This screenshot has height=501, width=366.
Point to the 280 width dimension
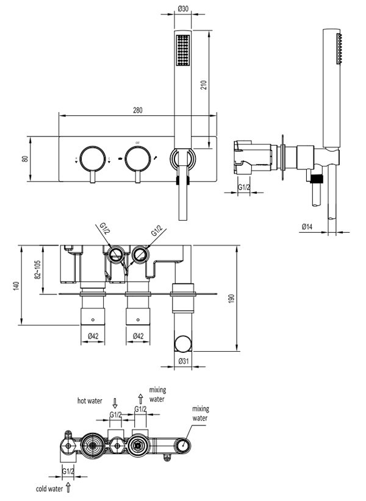137,110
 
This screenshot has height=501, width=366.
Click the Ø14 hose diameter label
307,227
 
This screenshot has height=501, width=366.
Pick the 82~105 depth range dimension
38,270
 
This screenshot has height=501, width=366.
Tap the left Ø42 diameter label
93,335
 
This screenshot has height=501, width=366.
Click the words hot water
90,401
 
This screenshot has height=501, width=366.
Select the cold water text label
49,489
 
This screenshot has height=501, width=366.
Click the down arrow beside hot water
115,402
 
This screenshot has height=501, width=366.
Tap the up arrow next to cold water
69,488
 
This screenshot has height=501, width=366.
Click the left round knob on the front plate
92,158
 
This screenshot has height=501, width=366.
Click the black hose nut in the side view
315,179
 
